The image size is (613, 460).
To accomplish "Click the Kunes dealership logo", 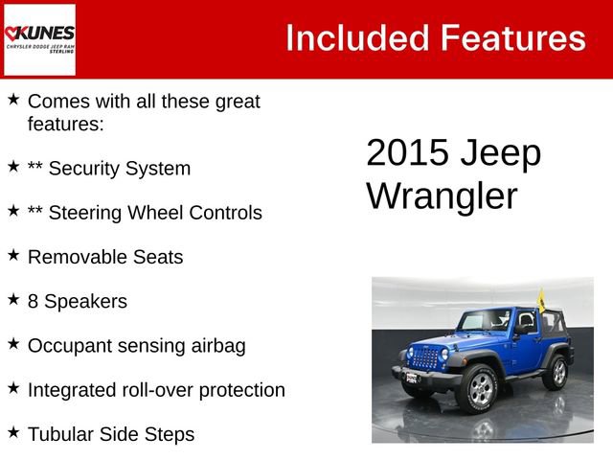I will tap(39, 39).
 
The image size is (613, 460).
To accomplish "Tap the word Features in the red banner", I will tap(512, 38).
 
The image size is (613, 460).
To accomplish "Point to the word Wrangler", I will tap(442, 195).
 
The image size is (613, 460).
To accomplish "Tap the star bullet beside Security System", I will tap(13, 167).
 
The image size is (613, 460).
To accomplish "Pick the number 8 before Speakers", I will tap(34, 301).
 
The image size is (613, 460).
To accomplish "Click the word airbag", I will tap(216, 345).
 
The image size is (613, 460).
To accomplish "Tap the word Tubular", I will tap(61, 433).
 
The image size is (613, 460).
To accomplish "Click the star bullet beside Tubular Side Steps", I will tap(13, 432).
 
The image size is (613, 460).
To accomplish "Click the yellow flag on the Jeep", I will tap(541, 301).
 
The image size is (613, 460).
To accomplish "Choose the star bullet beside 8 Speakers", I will tap(13, 300).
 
